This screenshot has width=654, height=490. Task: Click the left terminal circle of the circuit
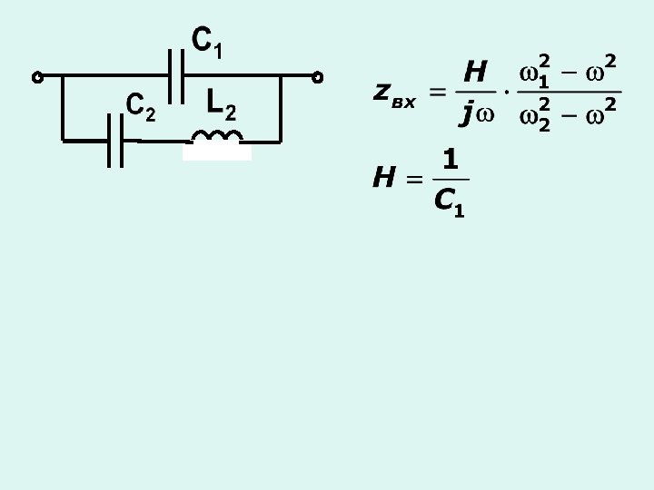click(x=37, y=77)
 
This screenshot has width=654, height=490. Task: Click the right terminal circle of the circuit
click(x=318, y=77)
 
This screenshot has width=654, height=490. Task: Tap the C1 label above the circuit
click(x=206, y=42)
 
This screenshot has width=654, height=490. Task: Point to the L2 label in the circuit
click(x=221, y=104)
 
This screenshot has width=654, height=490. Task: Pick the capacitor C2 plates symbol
click(x=114, y=141)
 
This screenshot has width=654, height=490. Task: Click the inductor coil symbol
click(x=217, y=137)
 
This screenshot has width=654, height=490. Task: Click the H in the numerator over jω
click(x=475, y=70)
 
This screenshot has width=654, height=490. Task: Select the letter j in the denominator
click(x=467, y=113)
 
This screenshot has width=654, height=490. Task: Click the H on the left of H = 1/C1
click(x=383, y=178)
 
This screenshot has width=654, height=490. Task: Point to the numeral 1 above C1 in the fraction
click(x=450, y=160)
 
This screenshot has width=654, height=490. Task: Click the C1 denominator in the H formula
click(x=450, y=201)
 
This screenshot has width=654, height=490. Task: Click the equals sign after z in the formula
click(x=438, y=92)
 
